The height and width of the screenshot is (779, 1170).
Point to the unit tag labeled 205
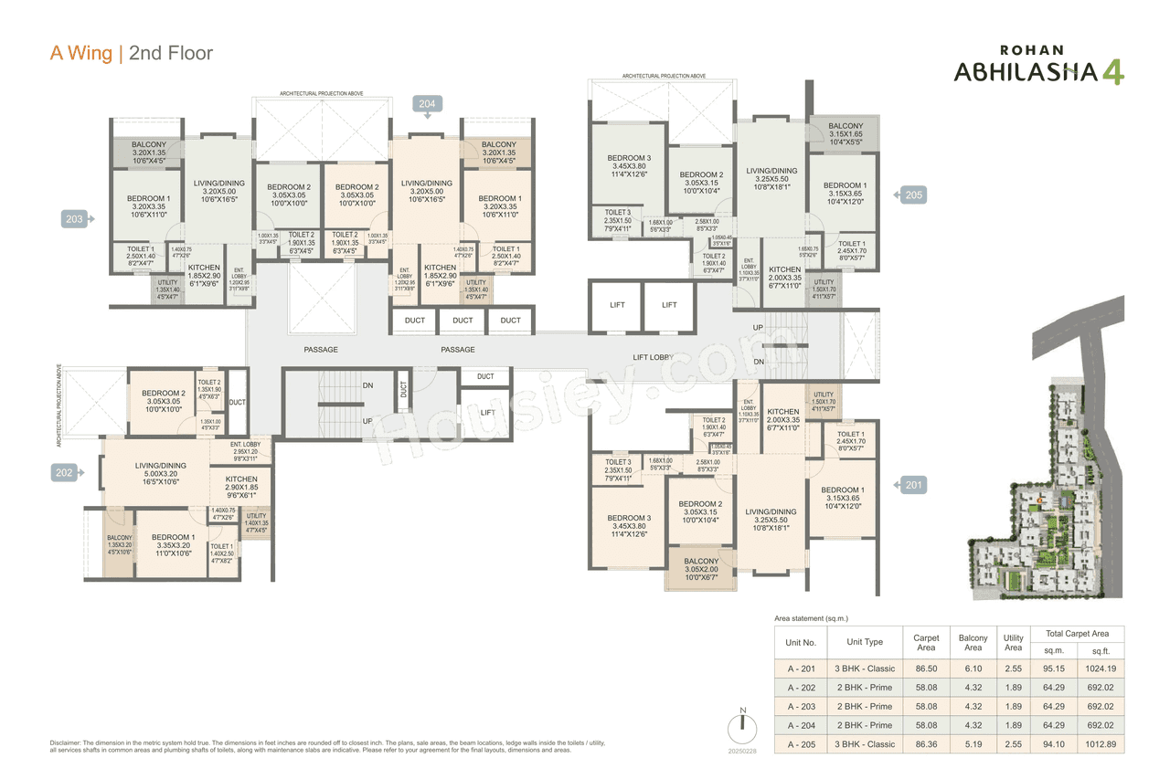(913, 195)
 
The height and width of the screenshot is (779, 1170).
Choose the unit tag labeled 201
(913, 485)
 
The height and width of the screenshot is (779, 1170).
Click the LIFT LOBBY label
(654, 357)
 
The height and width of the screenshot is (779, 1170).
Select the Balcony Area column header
(973, 643)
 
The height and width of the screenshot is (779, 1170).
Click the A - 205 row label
(802, 744)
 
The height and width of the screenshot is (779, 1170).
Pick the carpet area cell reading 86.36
(926, 744)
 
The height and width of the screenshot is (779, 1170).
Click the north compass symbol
(742, 728)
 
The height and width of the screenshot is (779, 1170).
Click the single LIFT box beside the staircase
(487, 412)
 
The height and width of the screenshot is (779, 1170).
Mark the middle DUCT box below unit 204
(463, 321)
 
